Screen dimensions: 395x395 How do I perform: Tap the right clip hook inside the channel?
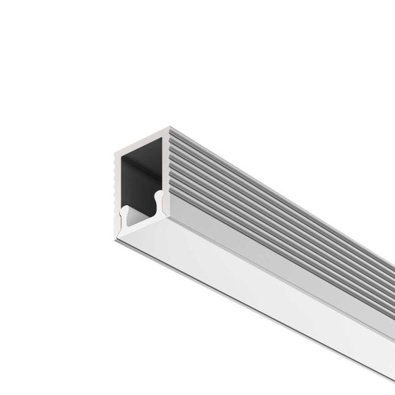(158, 201)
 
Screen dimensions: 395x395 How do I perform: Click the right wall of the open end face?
(165, 173)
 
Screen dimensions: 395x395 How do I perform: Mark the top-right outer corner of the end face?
(168, 128)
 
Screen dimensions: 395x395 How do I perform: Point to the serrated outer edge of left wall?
(113, 180)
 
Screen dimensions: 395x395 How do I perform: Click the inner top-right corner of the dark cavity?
(161, 138)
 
